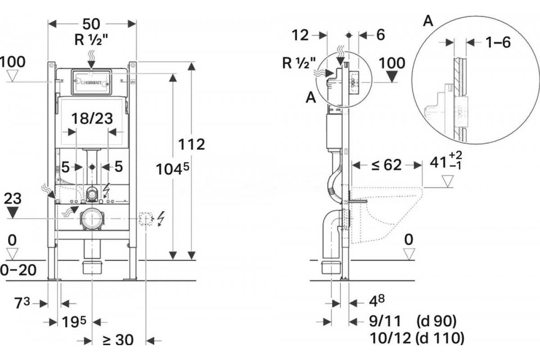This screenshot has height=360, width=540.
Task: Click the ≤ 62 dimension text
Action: point(387,165)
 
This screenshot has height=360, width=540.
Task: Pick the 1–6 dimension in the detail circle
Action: point(498,42)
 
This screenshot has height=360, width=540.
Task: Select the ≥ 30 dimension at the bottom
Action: point(118,340)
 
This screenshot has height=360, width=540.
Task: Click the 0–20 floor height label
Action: point(18,270)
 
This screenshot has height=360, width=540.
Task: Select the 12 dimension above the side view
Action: point(300,35)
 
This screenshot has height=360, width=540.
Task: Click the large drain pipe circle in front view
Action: point(92,220)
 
